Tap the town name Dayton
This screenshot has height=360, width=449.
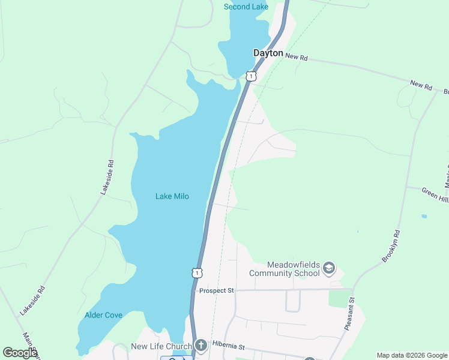[x=268, y=53]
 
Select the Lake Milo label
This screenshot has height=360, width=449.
[x=172, y=196]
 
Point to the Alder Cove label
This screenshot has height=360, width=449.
[x=103, y=315]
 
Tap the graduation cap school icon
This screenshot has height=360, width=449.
[x=328, y=268]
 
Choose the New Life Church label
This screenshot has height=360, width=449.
[x=161, y=346]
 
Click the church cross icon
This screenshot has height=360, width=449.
[x=201, y=346]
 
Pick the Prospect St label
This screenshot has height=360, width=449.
[x=216, y=290]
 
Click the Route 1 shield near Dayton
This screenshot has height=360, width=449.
[x=251, y=76]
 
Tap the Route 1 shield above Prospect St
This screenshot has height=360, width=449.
[x=197, y=272]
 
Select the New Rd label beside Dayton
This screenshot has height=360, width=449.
[x=297, y=57]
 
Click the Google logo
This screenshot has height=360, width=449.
[x=19, y=353]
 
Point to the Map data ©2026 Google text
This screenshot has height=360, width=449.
[x=412, y=355]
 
